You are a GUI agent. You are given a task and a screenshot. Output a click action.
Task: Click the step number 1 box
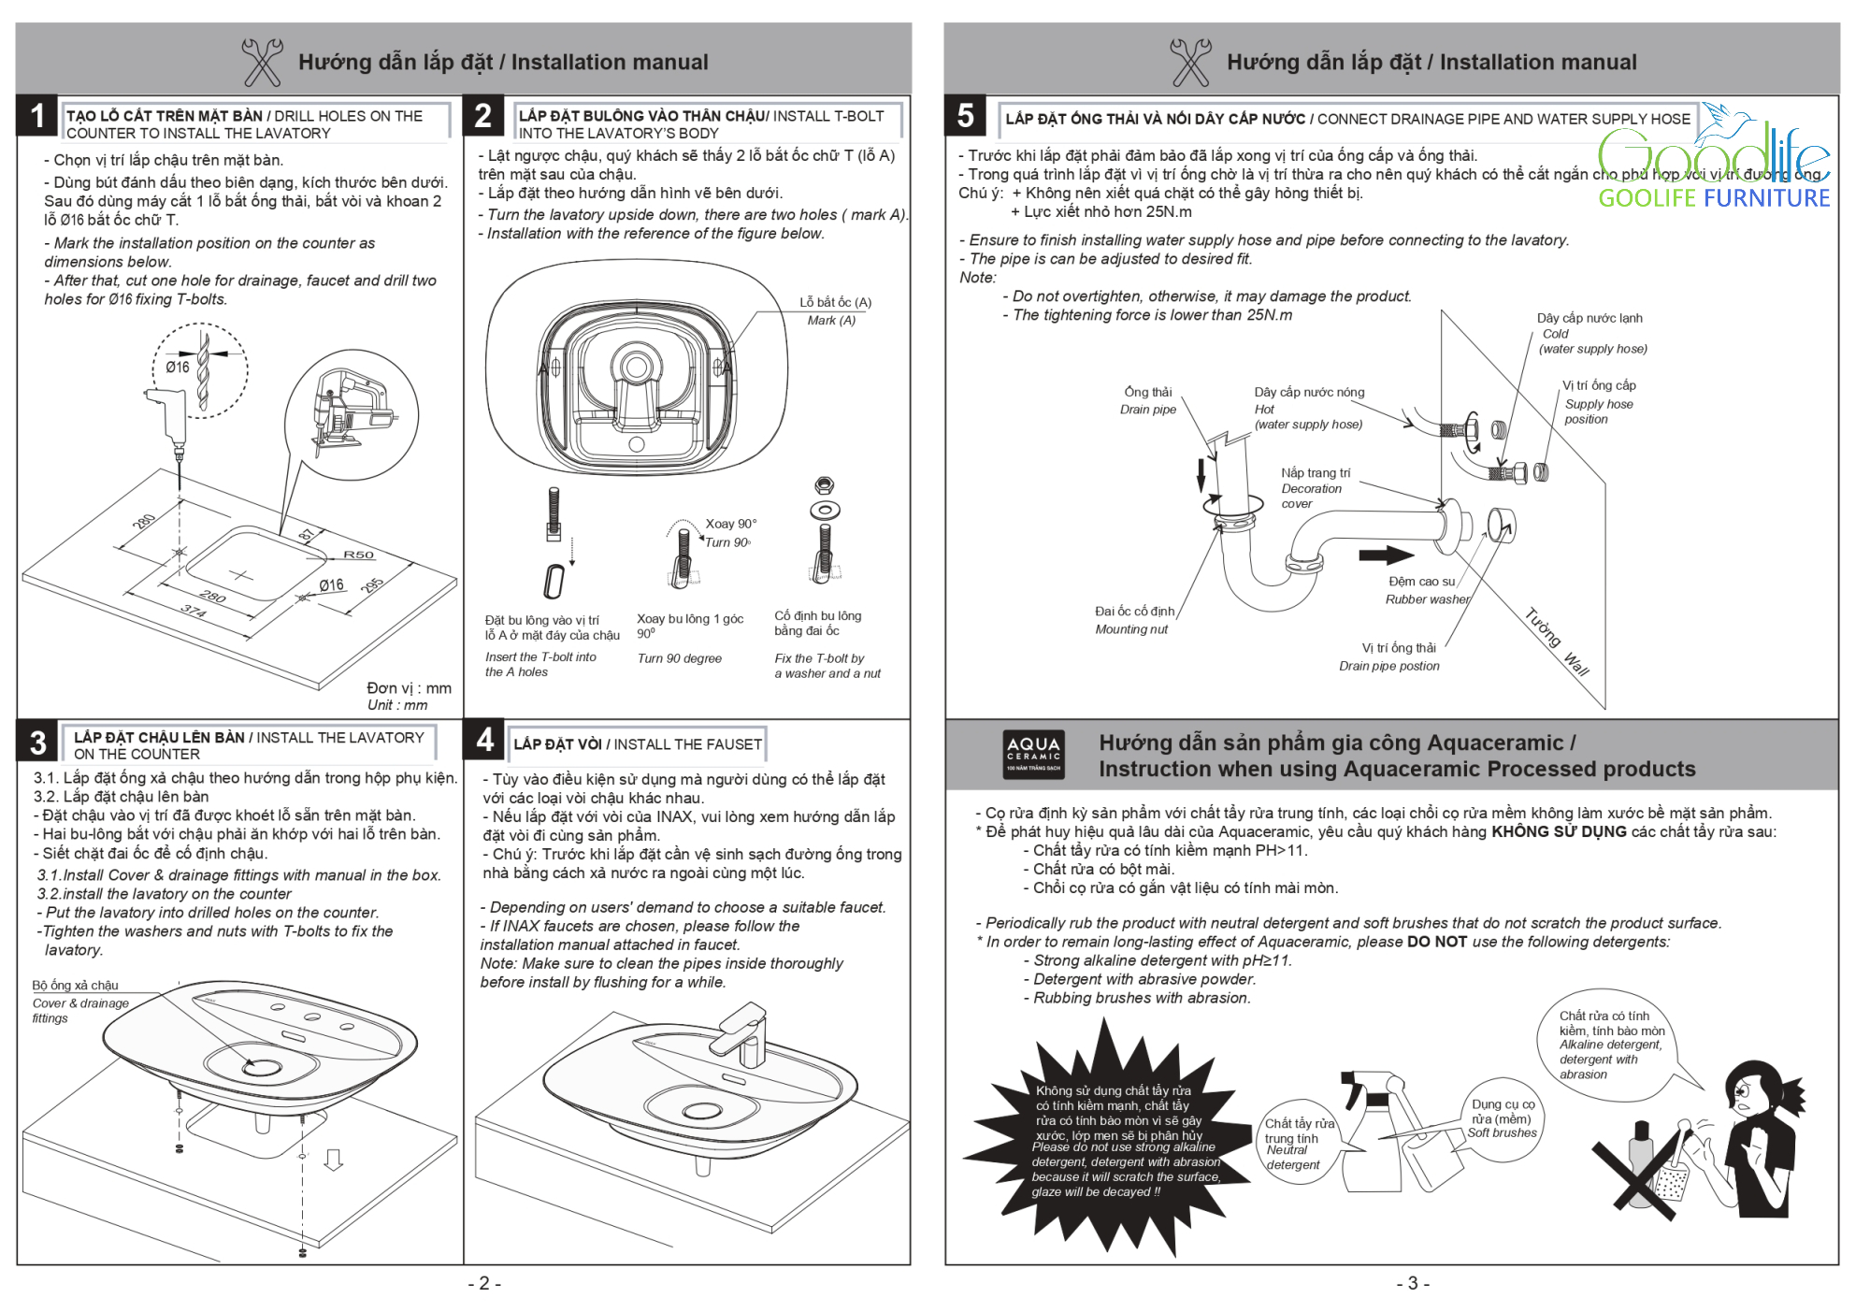coord(37,116)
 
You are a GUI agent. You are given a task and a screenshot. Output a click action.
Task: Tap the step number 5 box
coord(966,116)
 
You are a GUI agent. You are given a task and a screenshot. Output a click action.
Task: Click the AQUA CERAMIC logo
coord(1033,755)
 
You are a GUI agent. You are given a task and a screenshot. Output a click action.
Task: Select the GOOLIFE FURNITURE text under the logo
coord(1713,198)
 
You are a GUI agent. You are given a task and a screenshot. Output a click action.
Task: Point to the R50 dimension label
coord(358,555)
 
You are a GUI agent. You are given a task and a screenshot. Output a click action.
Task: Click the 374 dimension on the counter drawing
coord(194,611)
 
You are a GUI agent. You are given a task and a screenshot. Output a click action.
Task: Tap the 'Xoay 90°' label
coord(730,524)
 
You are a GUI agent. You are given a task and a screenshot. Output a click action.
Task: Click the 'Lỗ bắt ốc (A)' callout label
coord(835,302)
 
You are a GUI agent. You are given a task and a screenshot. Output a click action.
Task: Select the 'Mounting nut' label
coord(1131,629)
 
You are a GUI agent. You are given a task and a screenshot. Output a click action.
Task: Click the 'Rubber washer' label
coord(1427,599)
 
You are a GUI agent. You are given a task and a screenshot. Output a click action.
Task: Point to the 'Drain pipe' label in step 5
coord(1148,410)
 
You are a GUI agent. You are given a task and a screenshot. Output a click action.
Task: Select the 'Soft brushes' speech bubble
coord(1502,1119)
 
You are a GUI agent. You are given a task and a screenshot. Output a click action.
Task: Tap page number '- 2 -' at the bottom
coord(484,1283)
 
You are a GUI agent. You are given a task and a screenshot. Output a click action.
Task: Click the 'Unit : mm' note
coord(397,705)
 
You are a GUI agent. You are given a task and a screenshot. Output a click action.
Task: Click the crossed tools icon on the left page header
coord(262,62)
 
